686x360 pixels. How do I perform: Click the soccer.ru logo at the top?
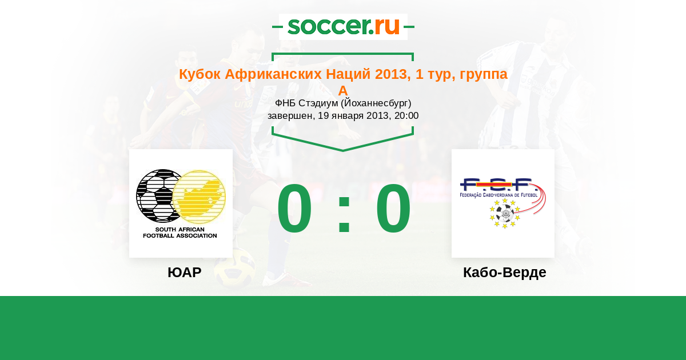(x=344, y=27)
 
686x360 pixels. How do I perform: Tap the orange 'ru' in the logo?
(x=387, y=27)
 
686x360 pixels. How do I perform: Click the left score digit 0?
(x=294, y=208)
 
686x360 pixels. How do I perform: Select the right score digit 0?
(x=393, y=208)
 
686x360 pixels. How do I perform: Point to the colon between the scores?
(x=344, y=213)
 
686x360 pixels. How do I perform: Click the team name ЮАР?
(x=184, y=272)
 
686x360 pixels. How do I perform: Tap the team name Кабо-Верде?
(x=504, y=272)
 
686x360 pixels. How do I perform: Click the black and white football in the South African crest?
(x=156, y=195)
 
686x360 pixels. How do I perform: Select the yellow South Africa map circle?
(x=200, y=196)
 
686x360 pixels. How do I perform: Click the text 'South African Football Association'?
(x=180, y=233)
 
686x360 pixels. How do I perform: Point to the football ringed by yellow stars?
(x=505, y=213)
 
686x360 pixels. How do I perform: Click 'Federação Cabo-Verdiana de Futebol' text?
(x=498, y=195)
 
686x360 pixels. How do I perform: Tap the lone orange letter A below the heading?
(x=343, y=91)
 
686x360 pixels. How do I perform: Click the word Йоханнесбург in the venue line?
(x=375, y=103)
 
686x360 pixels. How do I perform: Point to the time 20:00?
(x=406, y=115)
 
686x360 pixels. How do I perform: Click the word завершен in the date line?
(x=290, y=116)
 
